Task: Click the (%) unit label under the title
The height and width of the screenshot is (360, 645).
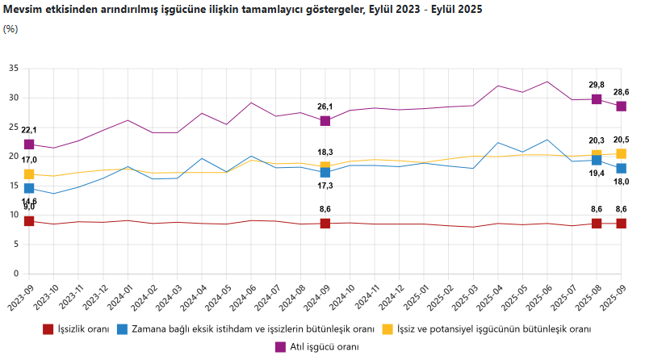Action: pos(10,29)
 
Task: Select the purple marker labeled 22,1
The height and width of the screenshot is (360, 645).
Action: pos(29,144)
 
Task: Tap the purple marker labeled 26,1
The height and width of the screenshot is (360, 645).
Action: pos(325,121)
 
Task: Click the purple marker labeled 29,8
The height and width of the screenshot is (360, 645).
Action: pos(597,99)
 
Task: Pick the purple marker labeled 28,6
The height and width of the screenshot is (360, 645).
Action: pos(622,107)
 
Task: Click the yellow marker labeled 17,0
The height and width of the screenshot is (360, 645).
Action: pos(29,174)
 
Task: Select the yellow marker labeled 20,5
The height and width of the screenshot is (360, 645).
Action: pos(622,153)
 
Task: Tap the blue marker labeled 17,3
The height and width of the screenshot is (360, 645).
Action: pos(325,173)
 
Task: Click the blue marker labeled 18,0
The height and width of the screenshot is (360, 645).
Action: pos(622,168)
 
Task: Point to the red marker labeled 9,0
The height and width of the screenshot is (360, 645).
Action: pos(29,221)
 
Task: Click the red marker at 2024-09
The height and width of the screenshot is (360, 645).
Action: pos(325,224)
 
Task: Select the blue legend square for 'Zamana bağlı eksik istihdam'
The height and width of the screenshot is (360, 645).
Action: pos(123,329)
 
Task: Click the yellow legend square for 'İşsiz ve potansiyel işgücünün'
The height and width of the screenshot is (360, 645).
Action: pos(388,329)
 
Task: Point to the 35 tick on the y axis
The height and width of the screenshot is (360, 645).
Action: pos(14,69)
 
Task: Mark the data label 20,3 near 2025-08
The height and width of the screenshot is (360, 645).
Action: pos(596,140)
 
